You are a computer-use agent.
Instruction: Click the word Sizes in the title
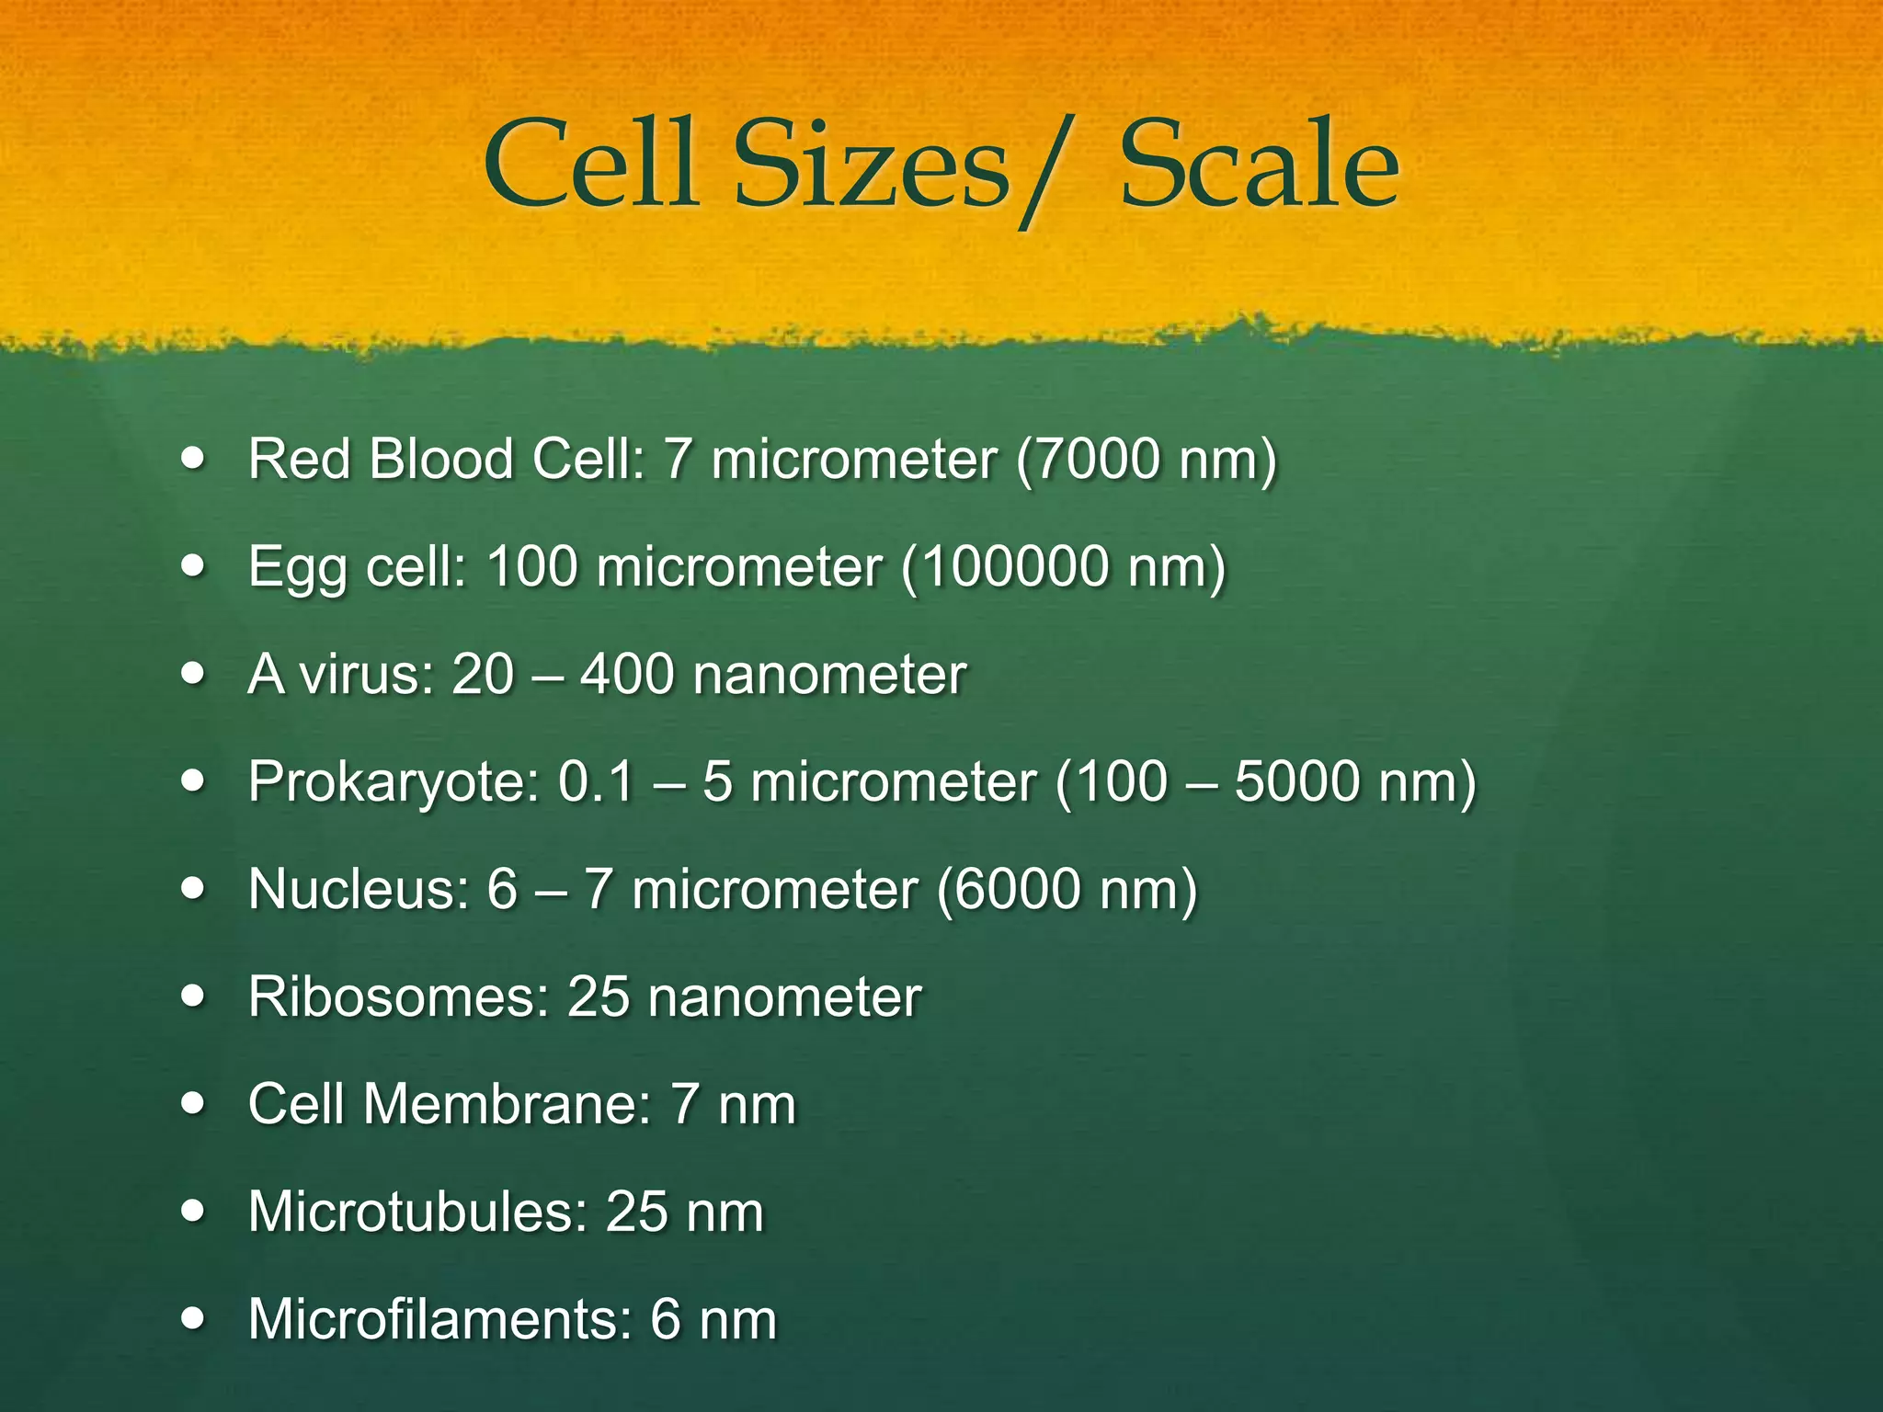point(872,165)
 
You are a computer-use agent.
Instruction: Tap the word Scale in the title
point(1259,165)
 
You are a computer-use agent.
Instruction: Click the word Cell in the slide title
point(589,165)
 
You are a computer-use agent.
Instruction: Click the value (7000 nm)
point(1147,459)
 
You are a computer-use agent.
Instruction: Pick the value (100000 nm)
point(1064,566)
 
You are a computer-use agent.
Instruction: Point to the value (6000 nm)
point(1067,889)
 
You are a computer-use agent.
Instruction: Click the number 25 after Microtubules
point(636,1212)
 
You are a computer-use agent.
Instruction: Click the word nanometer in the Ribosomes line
point(784,996)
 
